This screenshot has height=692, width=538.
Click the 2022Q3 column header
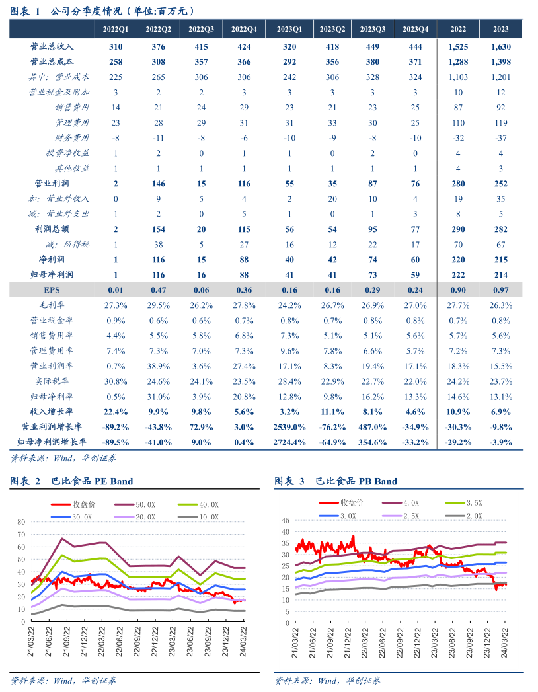[201, 30]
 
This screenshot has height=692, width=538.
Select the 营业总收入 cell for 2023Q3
[373, 47]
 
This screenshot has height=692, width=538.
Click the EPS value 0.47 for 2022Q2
[159, 290]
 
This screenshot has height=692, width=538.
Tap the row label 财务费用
[73, 138]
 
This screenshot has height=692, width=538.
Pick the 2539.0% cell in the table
[289, 427]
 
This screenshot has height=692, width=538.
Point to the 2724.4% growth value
[289, 442]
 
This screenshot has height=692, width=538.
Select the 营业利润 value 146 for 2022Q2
[159, 184]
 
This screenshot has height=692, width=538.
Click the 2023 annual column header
[501, 30]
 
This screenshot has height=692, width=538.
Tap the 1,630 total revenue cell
[501, 47]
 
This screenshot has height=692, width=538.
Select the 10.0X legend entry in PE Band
[206, 517]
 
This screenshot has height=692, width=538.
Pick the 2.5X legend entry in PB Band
[410, 516]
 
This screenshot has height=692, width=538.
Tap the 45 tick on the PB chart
[286, 520]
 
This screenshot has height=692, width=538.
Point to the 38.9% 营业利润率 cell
[159, 366]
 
